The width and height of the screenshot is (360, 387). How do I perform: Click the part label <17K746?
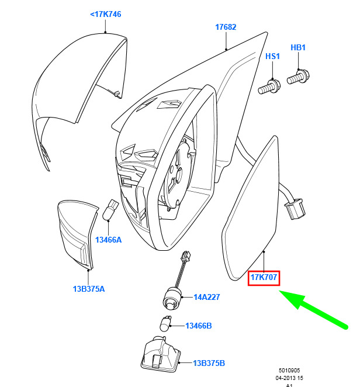(106, 14)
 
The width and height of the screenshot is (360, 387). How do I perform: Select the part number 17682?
(226, 27)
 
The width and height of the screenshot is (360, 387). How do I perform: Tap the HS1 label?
(272, 56)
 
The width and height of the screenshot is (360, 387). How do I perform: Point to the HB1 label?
(298, 47)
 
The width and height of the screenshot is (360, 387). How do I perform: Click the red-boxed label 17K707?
(264, 278)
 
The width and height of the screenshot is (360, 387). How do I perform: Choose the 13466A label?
(108, 240)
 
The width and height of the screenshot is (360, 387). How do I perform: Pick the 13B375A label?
(89, 289)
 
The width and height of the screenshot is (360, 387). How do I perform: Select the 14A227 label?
(206, 297)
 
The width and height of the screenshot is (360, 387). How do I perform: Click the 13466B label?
(198, 326)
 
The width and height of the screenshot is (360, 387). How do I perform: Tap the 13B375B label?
(209, 363)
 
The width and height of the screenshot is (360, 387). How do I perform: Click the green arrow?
(313, 309)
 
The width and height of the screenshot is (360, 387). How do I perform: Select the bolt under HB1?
(298, 77)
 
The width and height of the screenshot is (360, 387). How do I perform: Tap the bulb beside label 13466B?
(165, 323)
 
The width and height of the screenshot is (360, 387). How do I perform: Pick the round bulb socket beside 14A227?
(172, 299)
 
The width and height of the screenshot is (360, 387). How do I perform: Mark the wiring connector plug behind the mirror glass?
(295, 209)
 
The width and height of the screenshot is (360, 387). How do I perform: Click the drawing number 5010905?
(289, 371)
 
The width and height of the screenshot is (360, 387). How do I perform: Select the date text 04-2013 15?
(289, 378)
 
